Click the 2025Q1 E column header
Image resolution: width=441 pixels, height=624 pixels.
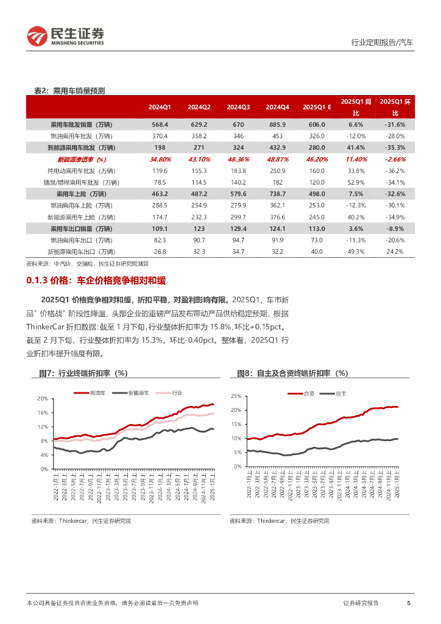[317, 107]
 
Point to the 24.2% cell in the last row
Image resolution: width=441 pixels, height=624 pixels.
[395, 252]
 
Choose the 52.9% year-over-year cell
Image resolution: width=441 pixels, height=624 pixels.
[356, 182]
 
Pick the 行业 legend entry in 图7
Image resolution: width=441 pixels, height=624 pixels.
[177, 393]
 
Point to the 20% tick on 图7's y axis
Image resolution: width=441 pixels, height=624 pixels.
[42, 399]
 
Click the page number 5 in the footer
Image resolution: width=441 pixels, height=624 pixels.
[408, 603]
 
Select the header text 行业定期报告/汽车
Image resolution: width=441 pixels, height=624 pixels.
[382, 43]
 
